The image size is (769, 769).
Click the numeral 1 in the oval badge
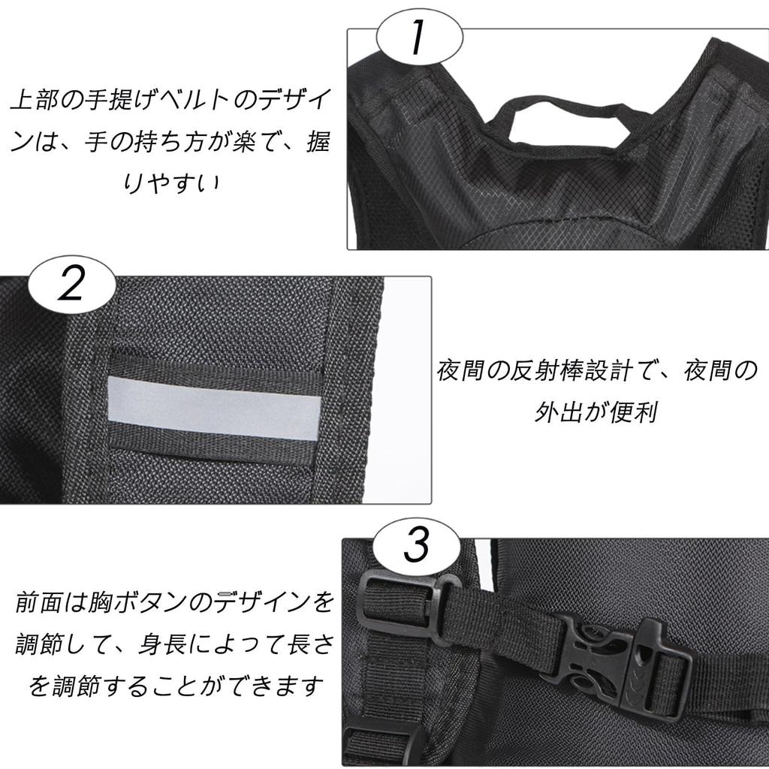click(x=418, y=37)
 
